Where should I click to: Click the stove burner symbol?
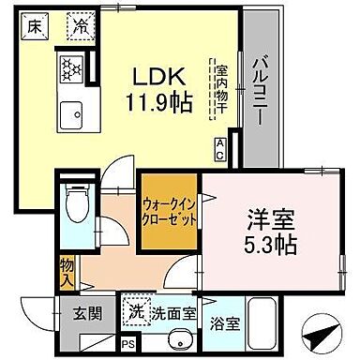[73, 68]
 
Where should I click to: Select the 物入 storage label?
[67, 271]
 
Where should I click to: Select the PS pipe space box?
[127, 345]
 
